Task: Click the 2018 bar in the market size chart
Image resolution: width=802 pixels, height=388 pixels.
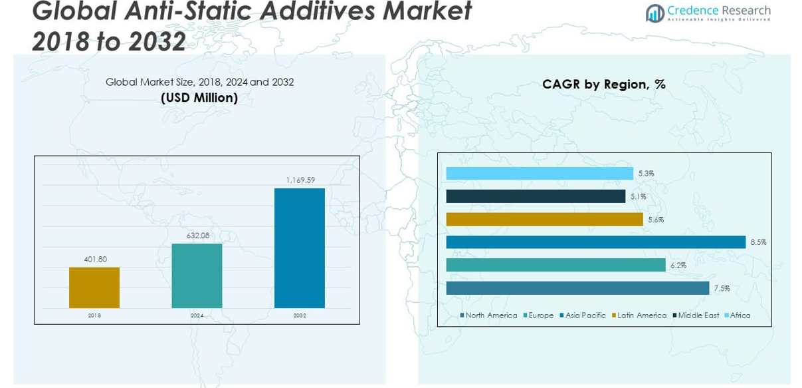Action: (94, 288)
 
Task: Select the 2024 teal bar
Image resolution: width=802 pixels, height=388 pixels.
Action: (197, 276)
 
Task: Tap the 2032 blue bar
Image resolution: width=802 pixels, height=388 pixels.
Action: (300, 248)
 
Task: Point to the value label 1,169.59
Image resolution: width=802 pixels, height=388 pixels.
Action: (300, 180)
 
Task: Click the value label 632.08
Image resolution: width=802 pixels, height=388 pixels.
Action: (197, 236)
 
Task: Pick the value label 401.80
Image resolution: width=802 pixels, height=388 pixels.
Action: (94, 260)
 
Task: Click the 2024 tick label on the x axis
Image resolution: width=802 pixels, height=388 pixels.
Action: (197, 315)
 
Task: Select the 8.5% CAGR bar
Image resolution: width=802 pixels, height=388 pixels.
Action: (595, 242)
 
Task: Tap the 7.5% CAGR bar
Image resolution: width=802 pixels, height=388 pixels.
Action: (577, 288)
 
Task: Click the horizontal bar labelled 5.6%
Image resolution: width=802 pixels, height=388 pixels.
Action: (544, 219)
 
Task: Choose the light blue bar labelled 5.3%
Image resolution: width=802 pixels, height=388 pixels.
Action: (540, 173)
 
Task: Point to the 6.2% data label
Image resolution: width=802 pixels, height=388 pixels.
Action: (678, 266)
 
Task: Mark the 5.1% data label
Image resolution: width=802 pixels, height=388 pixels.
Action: (638, 196)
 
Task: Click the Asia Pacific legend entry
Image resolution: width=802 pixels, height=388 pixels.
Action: (585, 315)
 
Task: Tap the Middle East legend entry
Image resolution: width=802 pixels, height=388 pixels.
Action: (698, 315)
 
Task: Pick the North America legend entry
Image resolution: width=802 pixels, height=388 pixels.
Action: (490, 315)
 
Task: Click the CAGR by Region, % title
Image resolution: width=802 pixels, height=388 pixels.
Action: (603, 85)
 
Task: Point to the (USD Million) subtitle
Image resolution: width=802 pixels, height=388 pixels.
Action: (199, 98)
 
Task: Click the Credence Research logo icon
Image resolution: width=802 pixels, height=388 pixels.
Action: (655, 12)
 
